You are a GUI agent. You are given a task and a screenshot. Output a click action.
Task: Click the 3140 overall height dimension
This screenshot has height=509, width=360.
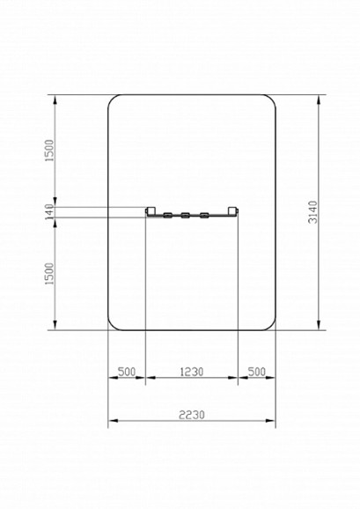pos(313,212)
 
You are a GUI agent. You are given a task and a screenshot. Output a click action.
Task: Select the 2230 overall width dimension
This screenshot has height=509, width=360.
pos(192,415)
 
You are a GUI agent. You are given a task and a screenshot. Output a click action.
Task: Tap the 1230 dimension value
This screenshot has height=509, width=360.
pos(192,372)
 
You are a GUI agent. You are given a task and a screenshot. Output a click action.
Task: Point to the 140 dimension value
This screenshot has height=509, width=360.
pos(49,211)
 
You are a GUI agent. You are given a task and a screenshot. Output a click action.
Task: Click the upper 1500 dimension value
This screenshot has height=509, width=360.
pos(49,150)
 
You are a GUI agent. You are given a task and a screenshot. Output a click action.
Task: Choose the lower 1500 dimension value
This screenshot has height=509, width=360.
pos(49,274)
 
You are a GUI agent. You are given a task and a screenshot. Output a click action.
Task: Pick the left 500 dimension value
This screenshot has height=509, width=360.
pos(127,372)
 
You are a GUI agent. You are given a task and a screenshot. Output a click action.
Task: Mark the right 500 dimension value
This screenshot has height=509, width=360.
pos(257,372)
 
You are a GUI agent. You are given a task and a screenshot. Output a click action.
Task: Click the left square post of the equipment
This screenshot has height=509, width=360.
pos(151,211)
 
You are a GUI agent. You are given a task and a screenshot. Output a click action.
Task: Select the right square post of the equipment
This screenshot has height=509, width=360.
pos(232,211)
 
